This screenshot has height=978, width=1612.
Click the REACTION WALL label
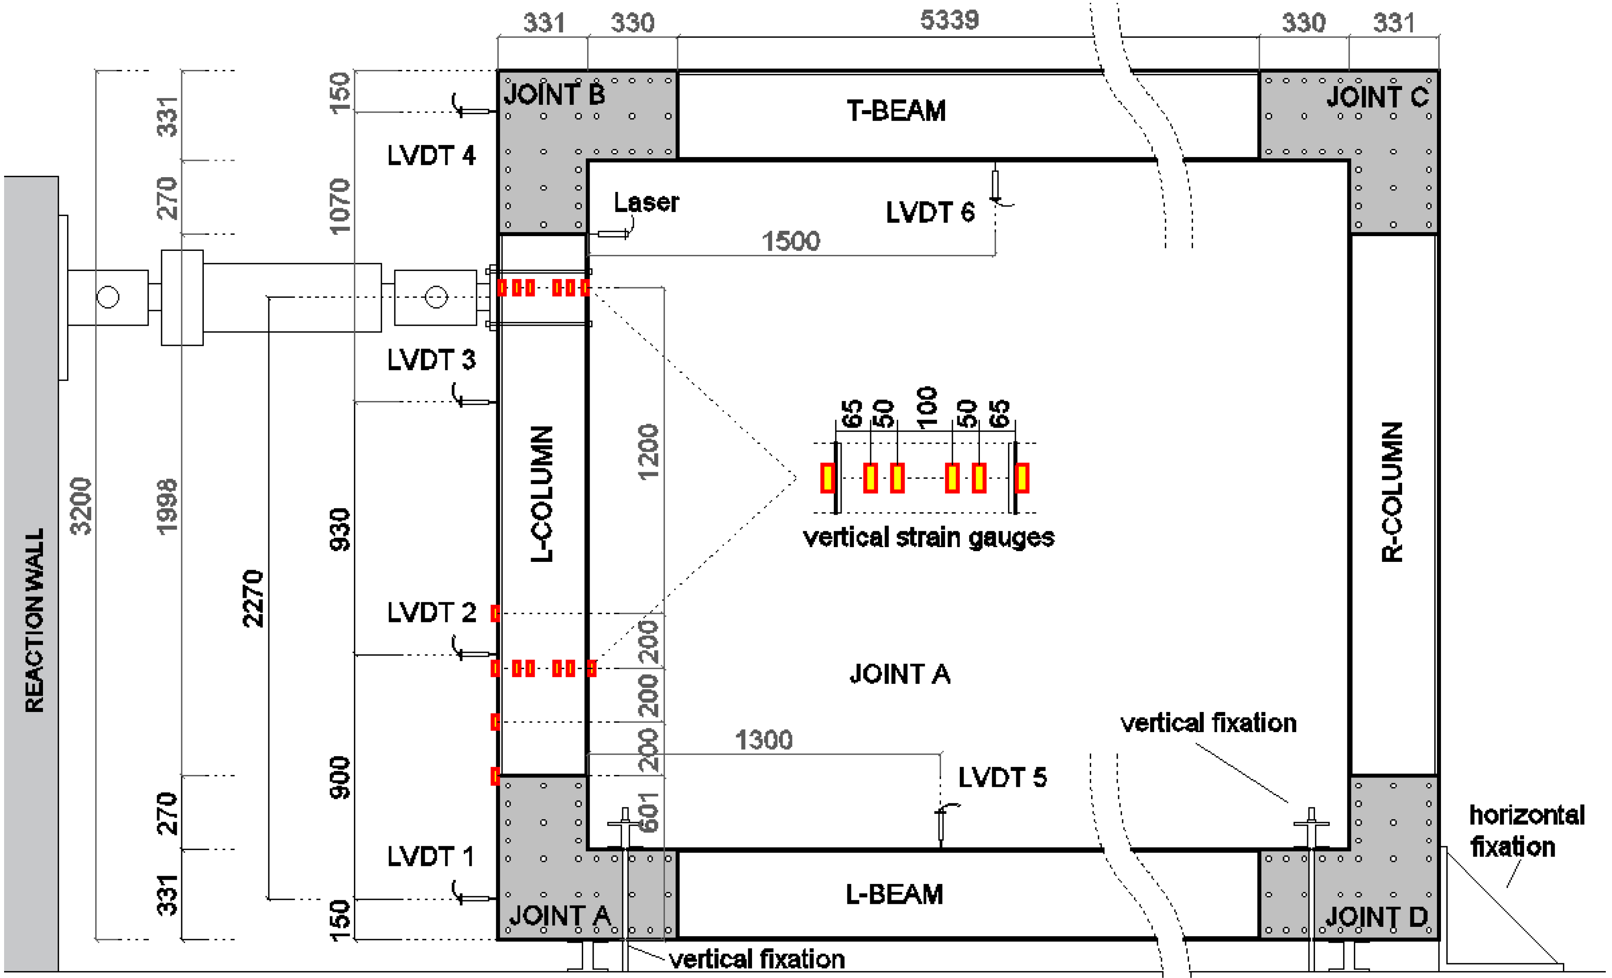pos(34,620)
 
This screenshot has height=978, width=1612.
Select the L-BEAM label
pos(894,894)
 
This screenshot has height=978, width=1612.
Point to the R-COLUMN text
pos(1392,492)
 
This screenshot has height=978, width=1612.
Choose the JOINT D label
pos(1376,917)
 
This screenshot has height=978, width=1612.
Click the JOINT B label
pos(554,94)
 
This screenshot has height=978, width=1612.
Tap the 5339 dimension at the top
pos(949,20)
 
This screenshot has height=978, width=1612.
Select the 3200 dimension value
pos(81,506)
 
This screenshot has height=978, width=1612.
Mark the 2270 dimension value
pos(253,599)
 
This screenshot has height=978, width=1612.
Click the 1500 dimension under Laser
pos(790,241)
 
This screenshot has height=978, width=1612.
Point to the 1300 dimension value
pos(763,740)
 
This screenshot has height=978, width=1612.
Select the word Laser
pos(646,202)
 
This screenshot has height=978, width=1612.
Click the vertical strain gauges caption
pos(928,537)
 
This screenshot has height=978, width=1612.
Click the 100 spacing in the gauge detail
pos(926,408)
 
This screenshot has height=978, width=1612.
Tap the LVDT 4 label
pos(431,155)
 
